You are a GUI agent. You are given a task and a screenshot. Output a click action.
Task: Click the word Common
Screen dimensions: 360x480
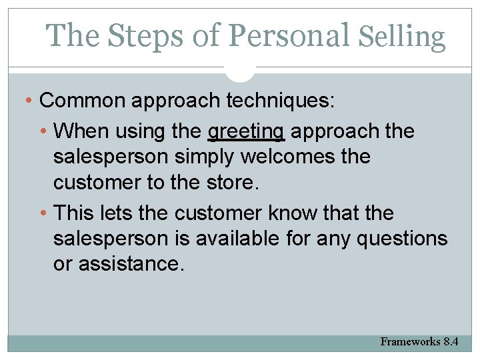pos(83,101)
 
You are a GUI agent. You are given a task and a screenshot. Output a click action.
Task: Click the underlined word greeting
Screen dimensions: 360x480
pos(246,131)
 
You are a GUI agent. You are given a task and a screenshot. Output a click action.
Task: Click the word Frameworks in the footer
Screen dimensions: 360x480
pos(410,341)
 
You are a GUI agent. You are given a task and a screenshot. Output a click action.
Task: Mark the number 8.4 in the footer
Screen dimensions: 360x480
pos(451,341)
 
